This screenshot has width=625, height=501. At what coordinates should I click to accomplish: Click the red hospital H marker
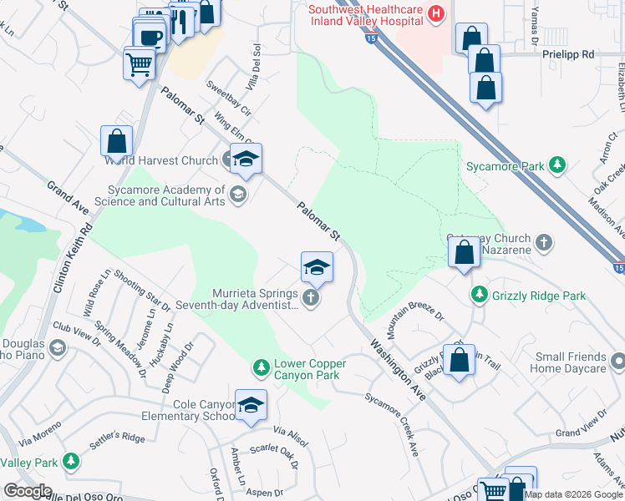click(x=435, y=13)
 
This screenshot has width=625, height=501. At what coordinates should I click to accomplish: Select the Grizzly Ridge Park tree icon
click(x=479, y=295)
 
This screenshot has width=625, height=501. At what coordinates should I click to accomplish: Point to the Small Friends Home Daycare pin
click(x=617, y=362)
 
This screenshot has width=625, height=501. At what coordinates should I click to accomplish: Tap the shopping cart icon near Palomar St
click(x=139, y=63)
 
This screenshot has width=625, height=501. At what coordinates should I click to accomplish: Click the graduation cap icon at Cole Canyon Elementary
click(x=251, y=406)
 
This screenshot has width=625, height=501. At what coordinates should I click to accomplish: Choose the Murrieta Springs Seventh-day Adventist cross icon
click(x=311, y=298)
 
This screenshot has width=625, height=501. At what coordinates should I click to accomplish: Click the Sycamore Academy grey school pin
click(x=238, y=195)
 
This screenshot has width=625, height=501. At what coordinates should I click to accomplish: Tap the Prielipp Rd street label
click(x=566, y=53)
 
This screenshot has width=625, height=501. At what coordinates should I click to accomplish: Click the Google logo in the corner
click(x=28, y=491)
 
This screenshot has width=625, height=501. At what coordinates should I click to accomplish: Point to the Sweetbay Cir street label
click(x=228, y=97)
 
